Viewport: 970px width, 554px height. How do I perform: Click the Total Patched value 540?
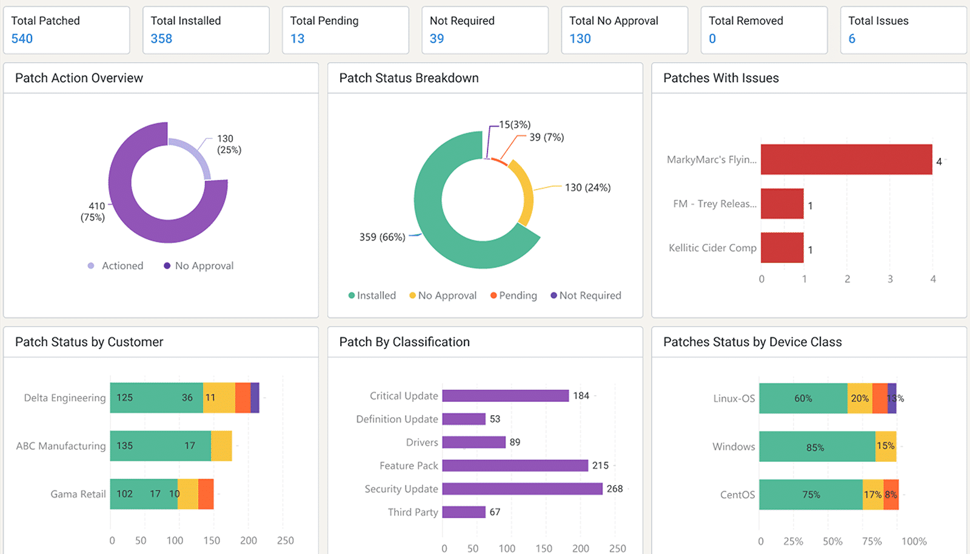coord(22,39)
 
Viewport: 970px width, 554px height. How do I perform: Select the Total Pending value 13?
coord(297,39)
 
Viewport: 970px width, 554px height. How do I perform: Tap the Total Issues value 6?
coord(852,39)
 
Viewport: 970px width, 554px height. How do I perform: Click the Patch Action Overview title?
coord(79,78)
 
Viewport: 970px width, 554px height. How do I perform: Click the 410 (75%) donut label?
coord(93,212)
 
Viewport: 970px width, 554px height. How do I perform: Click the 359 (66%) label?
coord(382,237)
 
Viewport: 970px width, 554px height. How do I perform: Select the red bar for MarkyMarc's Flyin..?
coord(846,159)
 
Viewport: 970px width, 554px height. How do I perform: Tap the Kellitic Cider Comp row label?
coord(712,248)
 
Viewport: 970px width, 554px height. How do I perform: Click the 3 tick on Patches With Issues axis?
coord(890,279)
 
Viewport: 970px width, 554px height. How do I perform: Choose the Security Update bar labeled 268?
coord(522,489)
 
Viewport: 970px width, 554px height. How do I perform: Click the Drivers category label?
coord(422,442)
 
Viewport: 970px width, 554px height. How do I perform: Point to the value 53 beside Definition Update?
coord(495,419)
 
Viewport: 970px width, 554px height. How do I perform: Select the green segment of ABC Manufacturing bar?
coord(160,446)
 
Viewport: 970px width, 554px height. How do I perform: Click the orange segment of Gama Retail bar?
coord(206,494)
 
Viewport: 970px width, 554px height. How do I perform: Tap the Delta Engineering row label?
coord(65,398)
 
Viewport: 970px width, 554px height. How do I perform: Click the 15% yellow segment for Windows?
coord(885,446)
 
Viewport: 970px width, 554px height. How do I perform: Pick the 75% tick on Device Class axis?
coord(872,541)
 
